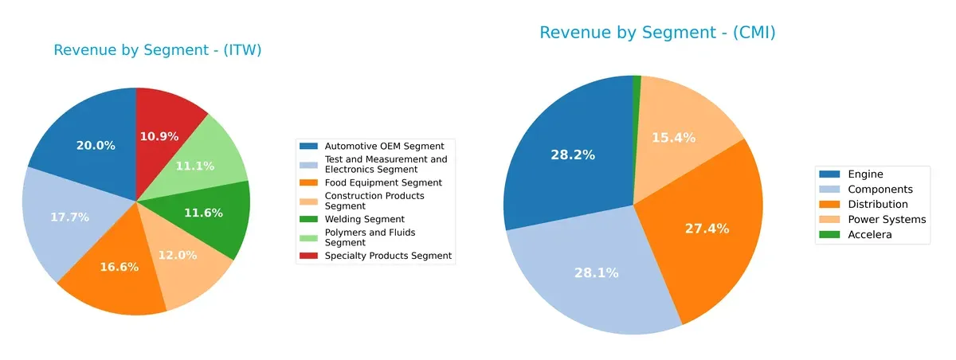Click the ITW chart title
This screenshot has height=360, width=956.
158,50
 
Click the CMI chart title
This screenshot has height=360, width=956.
657,33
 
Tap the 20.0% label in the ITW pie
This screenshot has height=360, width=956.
96,146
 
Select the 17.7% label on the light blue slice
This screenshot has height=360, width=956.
70,217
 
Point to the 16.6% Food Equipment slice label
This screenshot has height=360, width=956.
119,267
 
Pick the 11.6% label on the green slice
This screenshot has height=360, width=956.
203,213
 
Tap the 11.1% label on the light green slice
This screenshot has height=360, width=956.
195,166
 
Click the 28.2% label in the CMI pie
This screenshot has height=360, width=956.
573,155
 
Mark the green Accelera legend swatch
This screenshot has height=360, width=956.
829,235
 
